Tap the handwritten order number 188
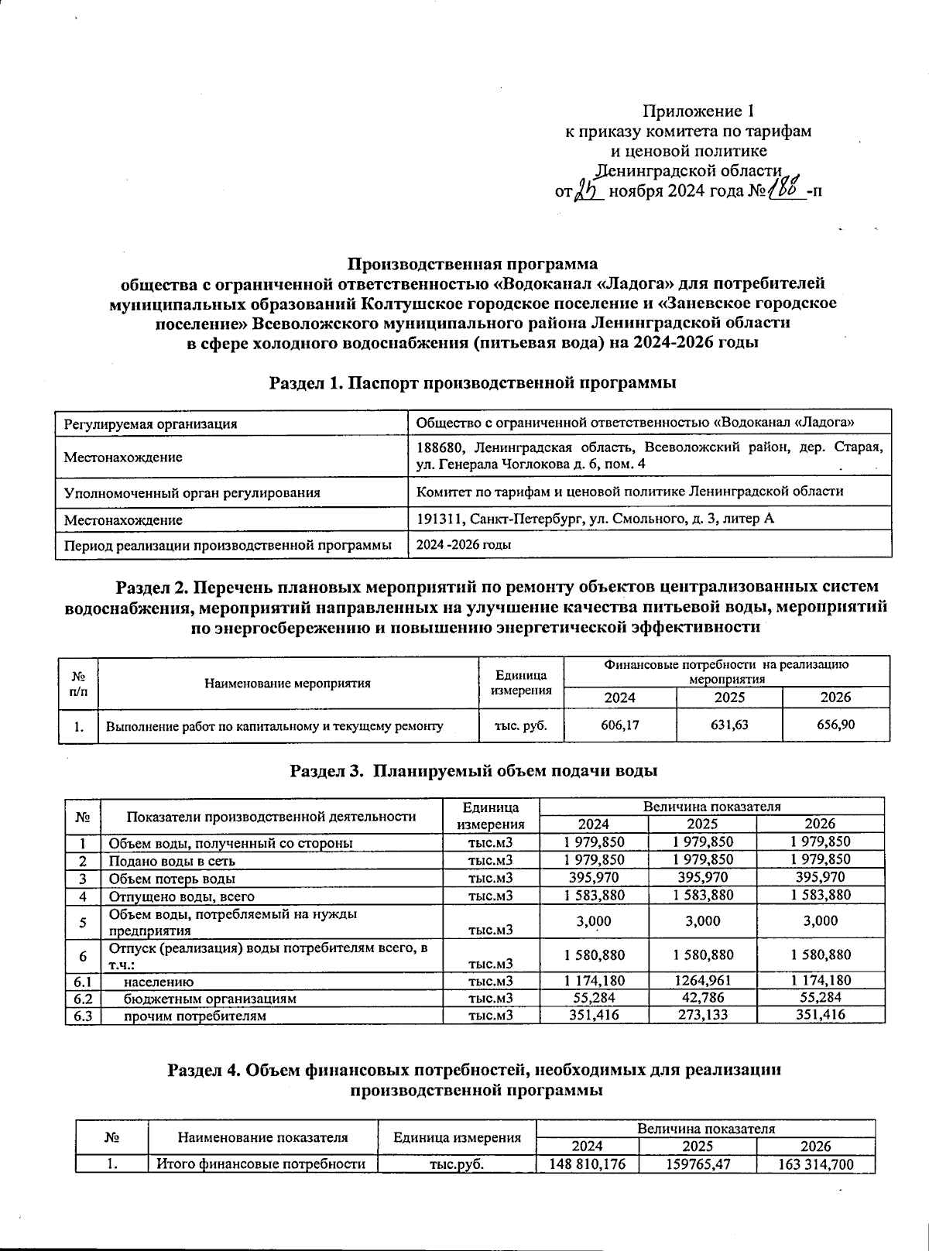tap(784, 188)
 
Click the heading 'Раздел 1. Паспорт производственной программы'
tap(473, 382)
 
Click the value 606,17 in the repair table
tap(619, 725)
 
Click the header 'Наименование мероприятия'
tap(287, 683)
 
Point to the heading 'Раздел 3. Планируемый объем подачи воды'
tap(474, 771)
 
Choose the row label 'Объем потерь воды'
tap(172, 878)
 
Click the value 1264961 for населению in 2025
tap(702, 981)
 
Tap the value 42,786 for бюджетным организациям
tap(702, 998)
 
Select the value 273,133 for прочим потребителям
tap(702, 1015)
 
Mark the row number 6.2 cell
tap(82, 998)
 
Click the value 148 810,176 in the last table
tap(587, 1164)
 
